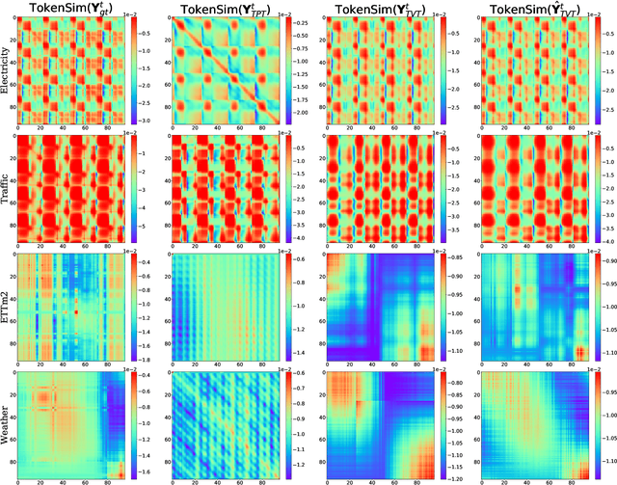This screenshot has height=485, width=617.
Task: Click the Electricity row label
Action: pos(8,74)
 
